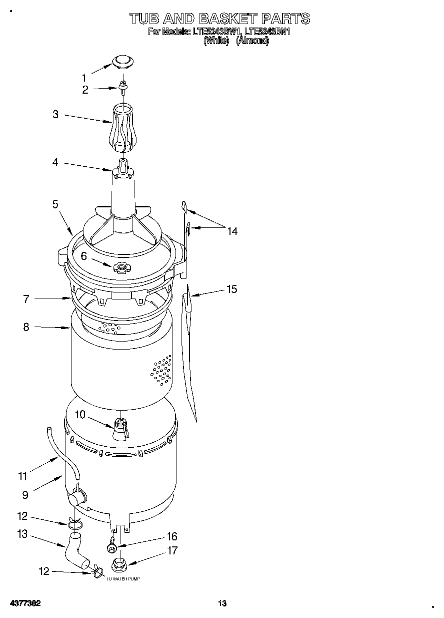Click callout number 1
pyautogui.click(x=84, y=78)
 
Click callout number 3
pyautogui.click(x=55, y=114)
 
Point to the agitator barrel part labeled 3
pyautogui.click(x=121, y=128)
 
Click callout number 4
pyautogui.click(x=55, y=162)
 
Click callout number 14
pyautogui.click(x=231, y=231)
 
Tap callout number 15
pyautogui.click(x=231, y=289)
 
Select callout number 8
pyautogui.click(x=25, y=327)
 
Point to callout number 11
pyautogui.click(x=22, y=476)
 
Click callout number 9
pyautogui.click(x=25, y=495)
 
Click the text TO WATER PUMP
pyautogui.click(x=123, y=578)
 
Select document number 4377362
pyautogui.click(x=24, y=603)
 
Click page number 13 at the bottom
pyautogui.click(x=222, y=603)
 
